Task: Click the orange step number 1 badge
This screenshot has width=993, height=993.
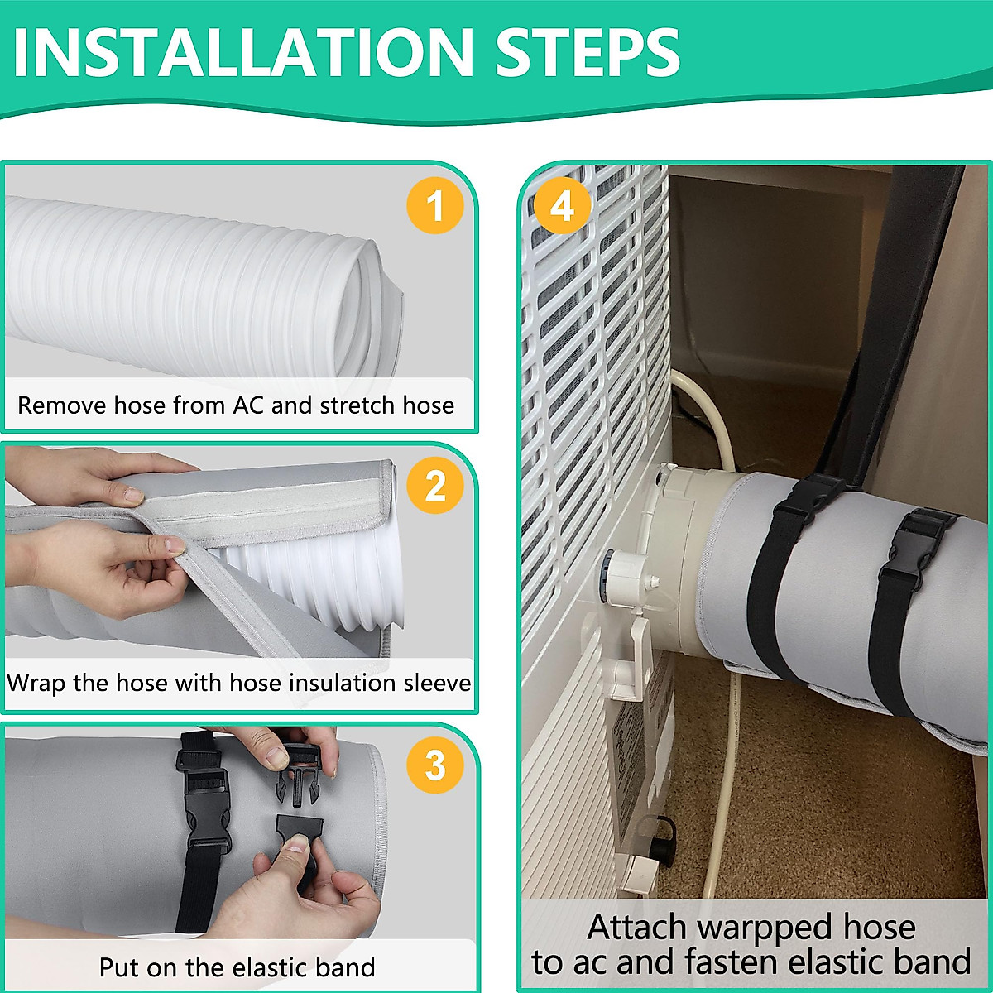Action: pos(435,204)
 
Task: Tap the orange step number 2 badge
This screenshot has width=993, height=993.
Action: pos(435,485)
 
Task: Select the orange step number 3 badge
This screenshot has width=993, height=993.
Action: pos(435,765)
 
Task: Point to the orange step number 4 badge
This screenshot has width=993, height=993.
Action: pos(563,204)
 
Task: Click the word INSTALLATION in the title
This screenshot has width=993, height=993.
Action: pos(242,53)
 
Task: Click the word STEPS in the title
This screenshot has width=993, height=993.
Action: pos(588,53)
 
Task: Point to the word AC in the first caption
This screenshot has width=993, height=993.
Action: pos(248,405)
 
